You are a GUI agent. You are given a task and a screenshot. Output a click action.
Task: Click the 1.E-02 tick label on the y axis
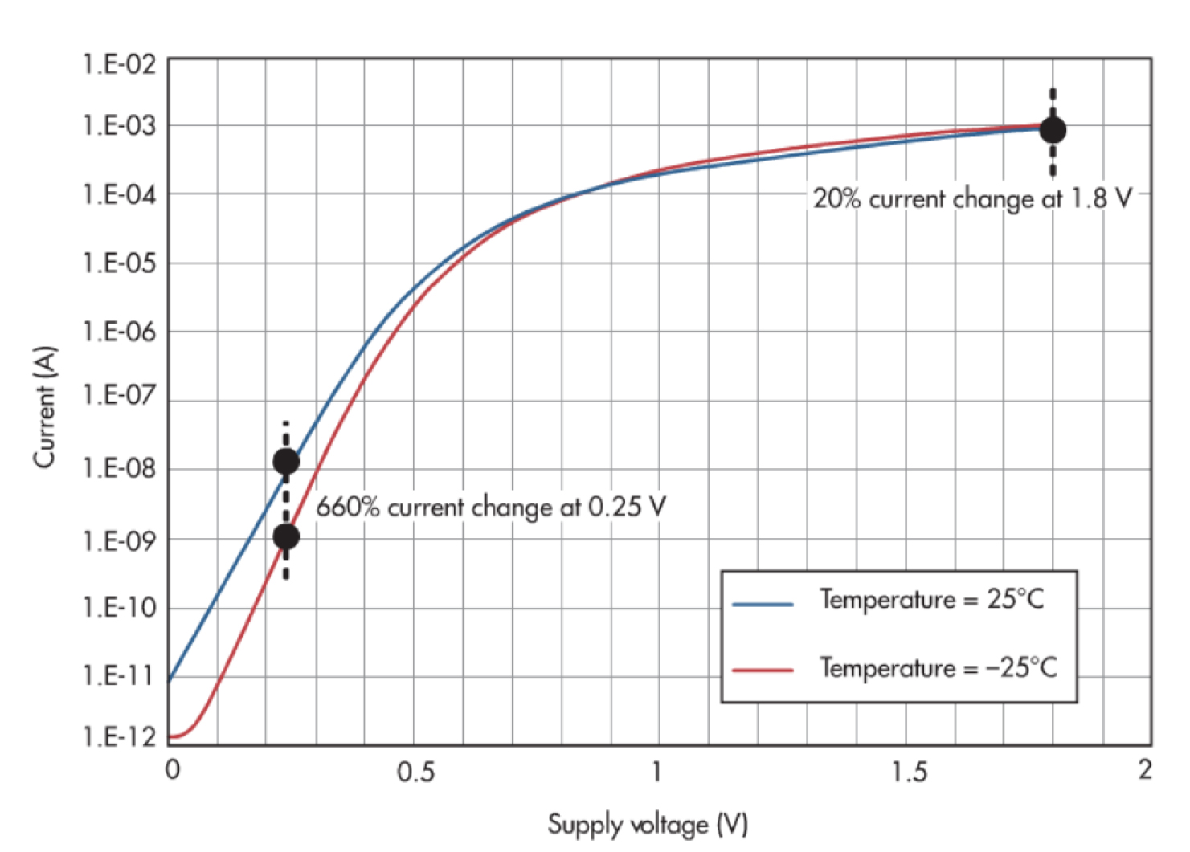point(119,63)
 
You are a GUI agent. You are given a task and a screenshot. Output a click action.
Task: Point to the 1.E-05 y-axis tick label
point(119,263)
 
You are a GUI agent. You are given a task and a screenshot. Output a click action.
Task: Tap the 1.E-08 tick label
point(119,467)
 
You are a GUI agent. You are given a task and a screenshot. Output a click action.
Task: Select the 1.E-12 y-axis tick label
point(119,736)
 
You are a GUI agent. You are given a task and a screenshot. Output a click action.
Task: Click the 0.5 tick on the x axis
point(415,772)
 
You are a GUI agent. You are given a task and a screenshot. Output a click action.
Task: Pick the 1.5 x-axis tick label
point(909,772)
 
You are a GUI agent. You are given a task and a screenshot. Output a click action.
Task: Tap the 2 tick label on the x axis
point(1144,769)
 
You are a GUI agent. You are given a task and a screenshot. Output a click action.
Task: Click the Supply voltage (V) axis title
point(648,825)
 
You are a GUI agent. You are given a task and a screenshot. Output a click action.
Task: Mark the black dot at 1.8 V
point(1053,130)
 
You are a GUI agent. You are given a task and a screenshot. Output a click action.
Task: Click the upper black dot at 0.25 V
point(286,462)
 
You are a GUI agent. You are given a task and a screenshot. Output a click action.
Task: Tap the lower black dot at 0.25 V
point(286,536)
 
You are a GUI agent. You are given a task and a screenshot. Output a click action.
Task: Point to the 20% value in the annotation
point(836,198)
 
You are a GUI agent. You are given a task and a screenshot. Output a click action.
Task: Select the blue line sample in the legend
point(763,603)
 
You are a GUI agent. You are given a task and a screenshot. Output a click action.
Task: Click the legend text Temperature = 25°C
point(931,600)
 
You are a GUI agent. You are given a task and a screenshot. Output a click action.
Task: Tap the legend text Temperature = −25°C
point(938,667)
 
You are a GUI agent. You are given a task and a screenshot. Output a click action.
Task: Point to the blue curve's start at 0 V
point(170,679)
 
